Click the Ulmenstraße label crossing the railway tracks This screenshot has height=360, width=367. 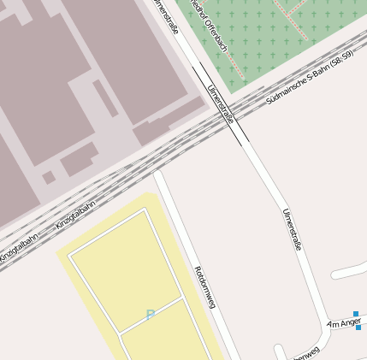click(x=220, y=104)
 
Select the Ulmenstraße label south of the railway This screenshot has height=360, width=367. click(x=292, y=228)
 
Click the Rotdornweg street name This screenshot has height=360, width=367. click(x=205, y=287)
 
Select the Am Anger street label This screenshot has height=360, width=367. click(x=344, y=323)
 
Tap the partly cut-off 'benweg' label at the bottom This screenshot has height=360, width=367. click(x=305, y=353)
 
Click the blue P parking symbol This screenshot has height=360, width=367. click(x=151, y=316)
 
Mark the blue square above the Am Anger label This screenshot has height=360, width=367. click(x=356, y=314)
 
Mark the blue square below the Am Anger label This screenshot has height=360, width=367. click(x=358, y=328)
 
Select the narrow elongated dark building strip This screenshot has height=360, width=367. click(x=105, y=99)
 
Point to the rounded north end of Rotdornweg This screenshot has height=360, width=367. click(x=158, y=174)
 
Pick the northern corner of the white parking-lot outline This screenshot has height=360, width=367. click(x=146, y=210)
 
